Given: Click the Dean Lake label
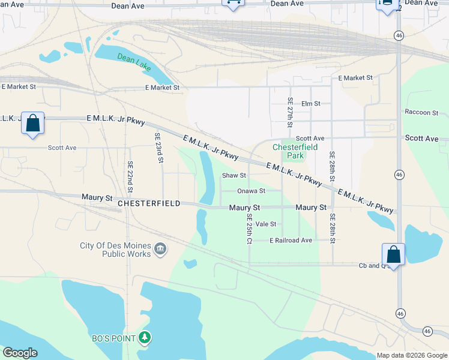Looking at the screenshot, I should click(134, 62).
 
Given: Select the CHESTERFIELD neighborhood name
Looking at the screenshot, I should click(149, 203).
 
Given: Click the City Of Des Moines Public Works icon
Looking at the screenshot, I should click(160, 249).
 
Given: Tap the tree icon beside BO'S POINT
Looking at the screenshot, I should click(144, 338).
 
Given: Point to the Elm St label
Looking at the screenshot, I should click(310, 104).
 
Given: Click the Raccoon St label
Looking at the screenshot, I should click(421, 112).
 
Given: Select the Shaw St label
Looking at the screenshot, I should click(234, 176).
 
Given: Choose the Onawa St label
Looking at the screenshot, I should click(251, 191).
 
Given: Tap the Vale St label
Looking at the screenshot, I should click(265, 224).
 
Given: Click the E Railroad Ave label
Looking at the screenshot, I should click(291, 240).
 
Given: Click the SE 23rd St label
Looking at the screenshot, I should click(160, 148).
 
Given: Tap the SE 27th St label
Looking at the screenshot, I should click(290, 112).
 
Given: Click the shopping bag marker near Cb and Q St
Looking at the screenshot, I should click(393, 253).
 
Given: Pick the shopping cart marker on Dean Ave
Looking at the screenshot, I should click(233, 4).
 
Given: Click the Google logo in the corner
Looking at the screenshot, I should click(20, 353).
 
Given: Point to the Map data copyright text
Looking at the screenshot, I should click(411, 355).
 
